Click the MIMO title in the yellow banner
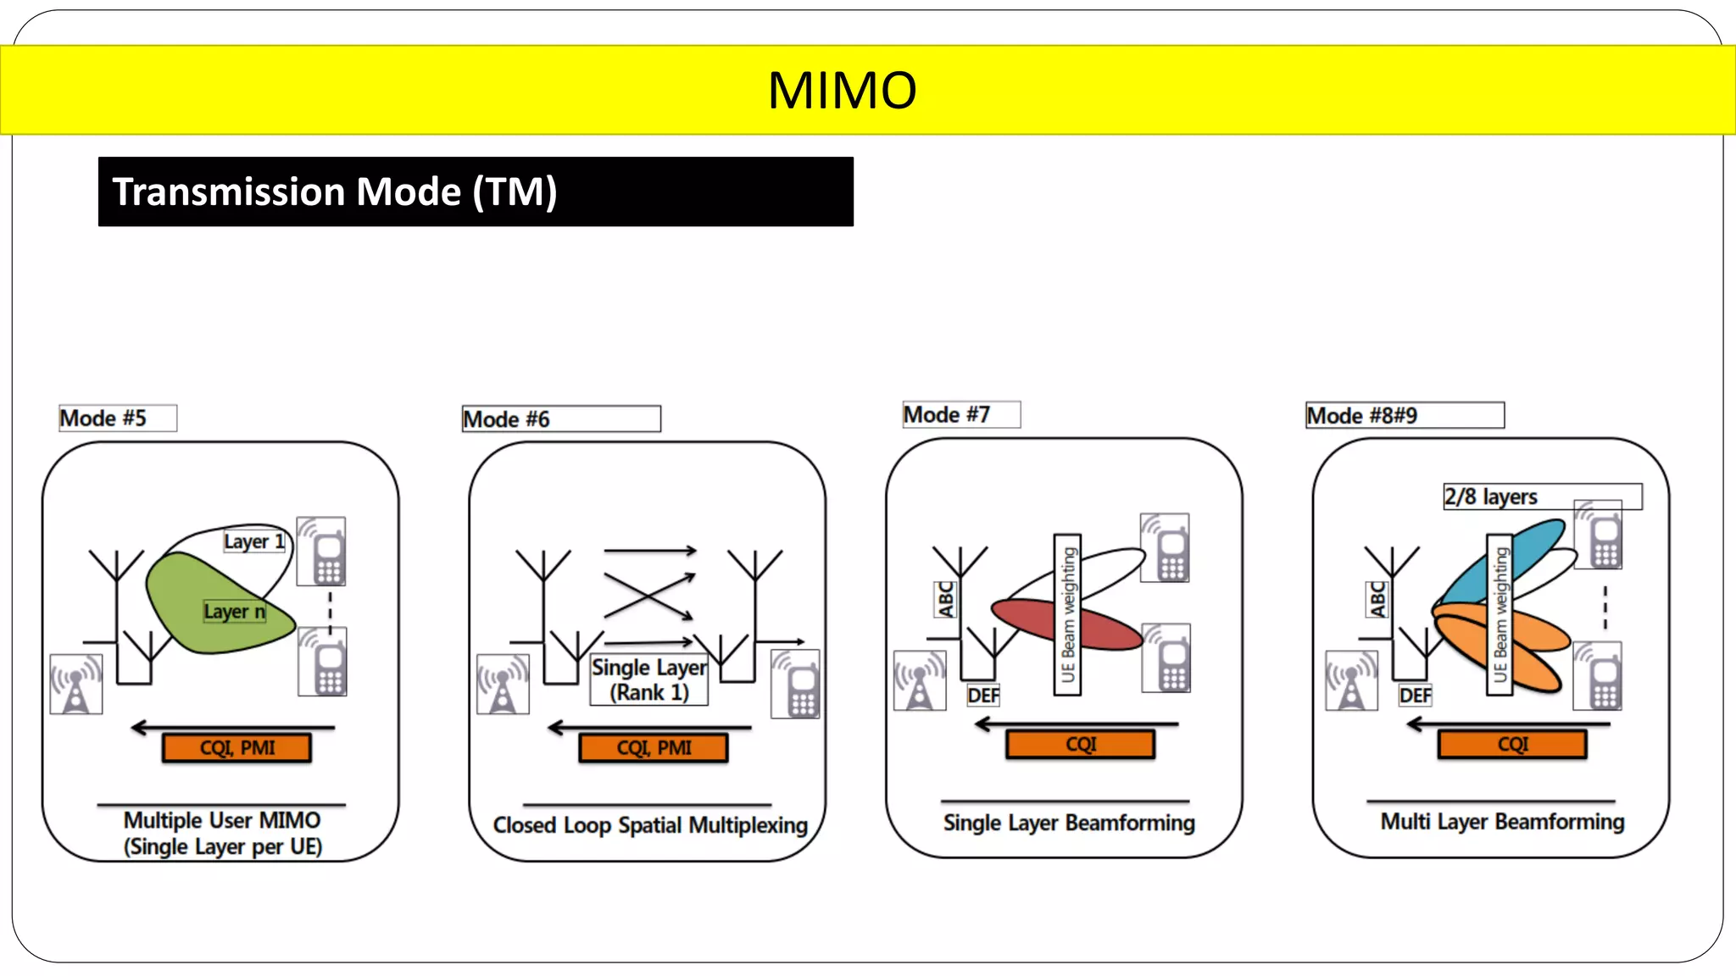coord(842,90)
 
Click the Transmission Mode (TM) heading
coord(335,191)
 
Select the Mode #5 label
coord(103,418)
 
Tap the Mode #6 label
coord(507,419)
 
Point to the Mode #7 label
coord(947,414)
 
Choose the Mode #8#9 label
coord(1362,415)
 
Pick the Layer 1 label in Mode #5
coord(253,541)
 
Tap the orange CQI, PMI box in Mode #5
coord(236,747)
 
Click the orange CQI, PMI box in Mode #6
coord(654,747)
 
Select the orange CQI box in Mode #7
coord(1081,744)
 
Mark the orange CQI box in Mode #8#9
coord(1512,744)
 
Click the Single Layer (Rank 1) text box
coord(649,679)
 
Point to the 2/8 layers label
coord(1491,496)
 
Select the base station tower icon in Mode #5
coord(76,684)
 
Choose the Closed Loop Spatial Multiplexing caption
coord(650,824)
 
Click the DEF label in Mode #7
coord(983,696)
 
